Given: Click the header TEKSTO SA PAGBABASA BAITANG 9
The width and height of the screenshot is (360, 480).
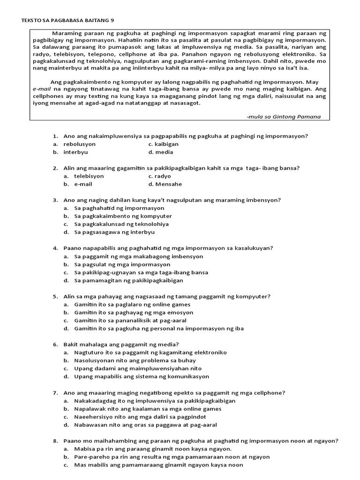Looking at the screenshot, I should pyautogui.click(x=67, y=20).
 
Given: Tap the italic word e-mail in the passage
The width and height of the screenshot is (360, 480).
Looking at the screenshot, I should pyautogui.click(x=42, y=88).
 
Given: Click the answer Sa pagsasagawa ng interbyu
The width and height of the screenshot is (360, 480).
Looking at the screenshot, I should pyautogui.click(x=114, y=232).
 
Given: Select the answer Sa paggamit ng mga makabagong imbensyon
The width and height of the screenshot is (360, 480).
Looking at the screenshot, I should pyautogui.click(x=138, y=256).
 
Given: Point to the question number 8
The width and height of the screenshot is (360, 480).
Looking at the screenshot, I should pyautogui.click(x=55, y=441).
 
